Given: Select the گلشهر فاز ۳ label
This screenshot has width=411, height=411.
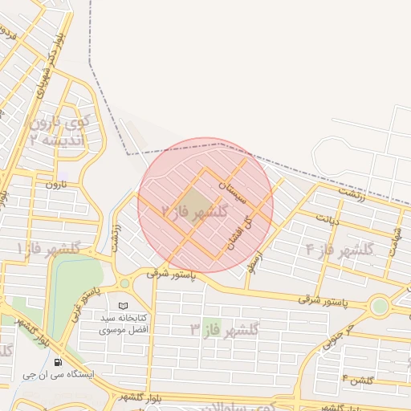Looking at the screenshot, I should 226,328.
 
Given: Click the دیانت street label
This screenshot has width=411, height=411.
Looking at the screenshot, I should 328,219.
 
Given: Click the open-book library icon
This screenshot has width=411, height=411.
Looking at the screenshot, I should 122,306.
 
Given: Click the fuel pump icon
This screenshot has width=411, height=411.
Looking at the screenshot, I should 58,361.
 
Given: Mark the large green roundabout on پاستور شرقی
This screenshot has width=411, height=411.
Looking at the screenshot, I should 379,306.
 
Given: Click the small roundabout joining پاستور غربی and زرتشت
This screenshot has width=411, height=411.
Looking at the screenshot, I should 124,283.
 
